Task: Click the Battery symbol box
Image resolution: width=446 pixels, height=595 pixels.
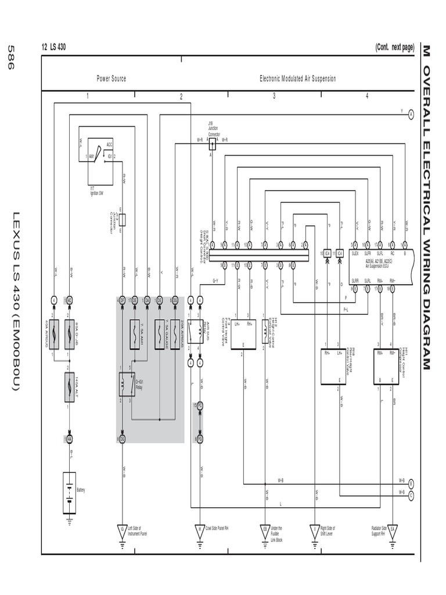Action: pyautogui.click(x=69, y=493)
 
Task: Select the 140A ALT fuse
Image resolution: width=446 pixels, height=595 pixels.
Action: pyautogui.click(x=69, y=383)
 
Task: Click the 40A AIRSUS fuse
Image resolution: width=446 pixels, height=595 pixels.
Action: pyautogui.click(x=55, y=334)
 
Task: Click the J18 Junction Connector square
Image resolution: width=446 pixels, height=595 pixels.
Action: pyautogui.click(x=212, y=145)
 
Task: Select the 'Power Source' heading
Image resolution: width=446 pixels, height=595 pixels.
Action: pyautogui.click(x=111, y=78)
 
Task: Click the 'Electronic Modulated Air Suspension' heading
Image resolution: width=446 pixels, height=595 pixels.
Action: pyautogui.click(x=297, y=78)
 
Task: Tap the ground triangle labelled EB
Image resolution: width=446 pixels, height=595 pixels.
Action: pyautogui.click(x=265, y=529)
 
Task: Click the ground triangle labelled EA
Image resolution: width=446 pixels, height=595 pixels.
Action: pyautogui.click(x=393, y=529)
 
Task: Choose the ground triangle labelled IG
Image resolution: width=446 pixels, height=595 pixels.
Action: pyautogui.click(x=123, y=529)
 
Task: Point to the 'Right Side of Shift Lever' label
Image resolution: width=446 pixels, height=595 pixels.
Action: pyautogui.click(x=327, y=531)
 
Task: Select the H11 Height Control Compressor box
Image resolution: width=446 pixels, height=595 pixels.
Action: pyautogui.click(x=387, y=366)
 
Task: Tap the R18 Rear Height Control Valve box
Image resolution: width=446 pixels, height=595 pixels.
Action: pyautogui.click(x=333, y=366)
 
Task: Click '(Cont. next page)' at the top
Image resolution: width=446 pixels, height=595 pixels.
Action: pyautogui.click(x=394, y=48)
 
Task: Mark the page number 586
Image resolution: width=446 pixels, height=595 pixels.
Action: pyautogui.click(x=10, y=58)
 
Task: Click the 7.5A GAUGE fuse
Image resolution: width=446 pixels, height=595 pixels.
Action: pyautogui.click(x=160, y=334)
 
